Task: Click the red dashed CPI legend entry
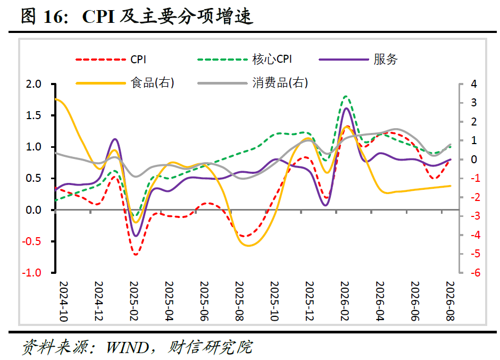coord(111,60)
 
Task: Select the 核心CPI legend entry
coord(245,60)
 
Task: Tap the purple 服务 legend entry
coord(358,60)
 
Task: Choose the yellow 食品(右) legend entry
coord(125,83)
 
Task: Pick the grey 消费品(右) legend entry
coord(253,83)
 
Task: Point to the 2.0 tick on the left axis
coord(34,84)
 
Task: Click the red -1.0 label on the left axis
coord(31,273)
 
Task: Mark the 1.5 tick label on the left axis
coord(34,115)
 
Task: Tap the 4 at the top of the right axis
coord(474,84)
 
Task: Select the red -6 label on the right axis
coord(475,273)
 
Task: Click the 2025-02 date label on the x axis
coord(134,301)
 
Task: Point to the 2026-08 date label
coord(450,301)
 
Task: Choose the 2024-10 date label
coord(64,301)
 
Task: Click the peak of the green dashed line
coord(346,96)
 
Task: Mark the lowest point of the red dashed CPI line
coord(136,255)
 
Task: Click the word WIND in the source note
coord(127,347)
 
